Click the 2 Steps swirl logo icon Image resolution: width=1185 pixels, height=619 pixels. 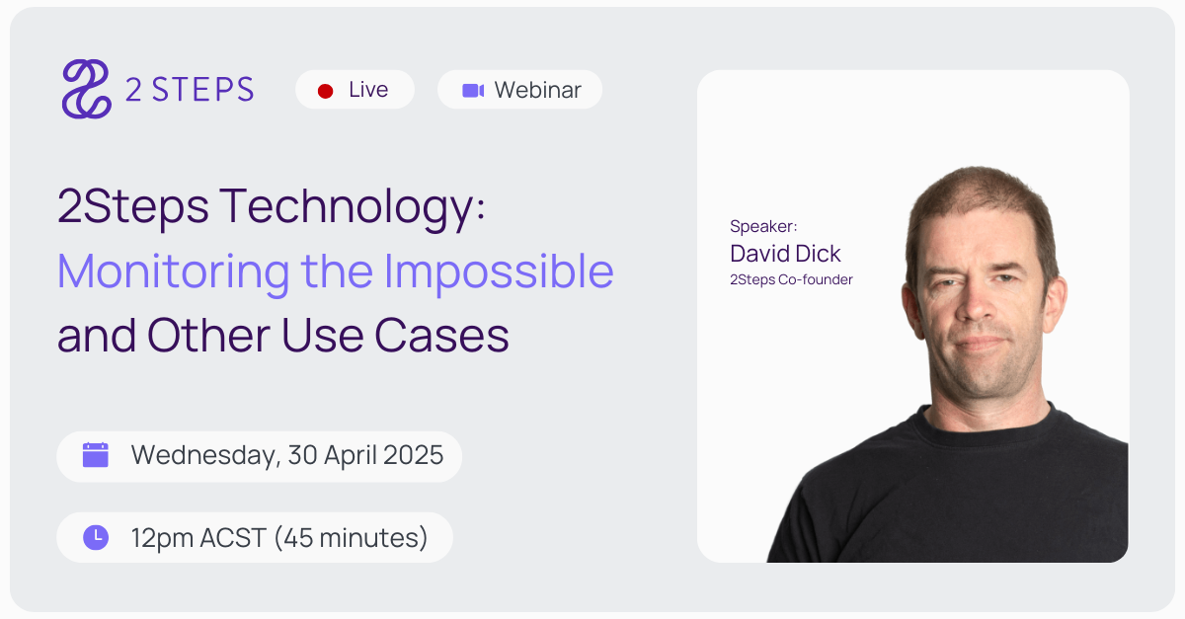86,89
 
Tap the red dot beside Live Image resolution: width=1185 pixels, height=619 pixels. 325,91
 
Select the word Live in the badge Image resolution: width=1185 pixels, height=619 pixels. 368,90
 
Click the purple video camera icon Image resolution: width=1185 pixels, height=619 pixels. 473,91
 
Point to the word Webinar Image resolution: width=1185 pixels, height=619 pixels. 537,90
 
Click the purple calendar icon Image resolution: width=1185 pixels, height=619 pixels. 96,455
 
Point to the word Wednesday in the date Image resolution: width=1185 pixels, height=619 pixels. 204,455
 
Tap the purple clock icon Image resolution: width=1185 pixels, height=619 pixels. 96,537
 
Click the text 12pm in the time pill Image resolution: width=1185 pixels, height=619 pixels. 163,538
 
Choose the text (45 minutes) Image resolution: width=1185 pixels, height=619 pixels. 351,538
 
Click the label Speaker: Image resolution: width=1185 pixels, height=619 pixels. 763,227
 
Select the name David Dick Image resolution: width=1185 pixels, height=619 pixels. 785,253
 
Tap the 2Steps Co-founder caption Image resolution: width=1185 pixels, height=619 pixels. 791,279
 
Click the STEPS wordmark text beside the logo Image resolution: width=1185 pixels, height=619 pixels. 203,90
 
